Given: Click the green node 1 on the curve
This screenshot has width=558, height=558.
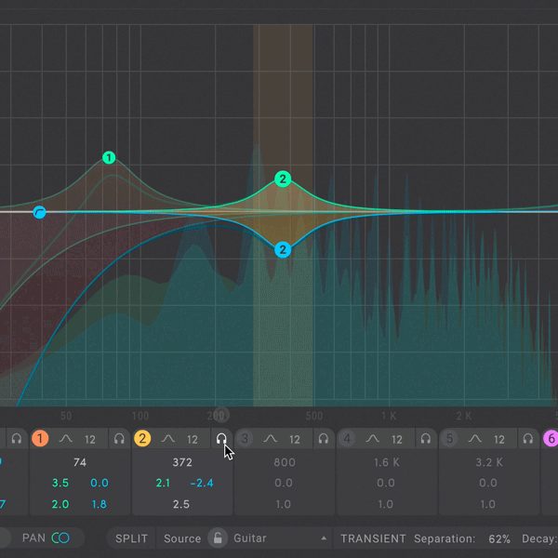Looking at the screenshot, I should point(109,158).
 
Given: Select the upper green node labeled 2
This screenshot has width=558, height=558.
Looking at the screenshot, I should point(283,179).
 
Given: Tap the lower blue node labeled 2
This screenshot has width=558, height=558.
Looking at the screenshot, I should point(283,249).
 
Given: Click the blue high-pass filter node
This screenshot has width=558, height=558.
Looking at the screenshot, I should point(40,213).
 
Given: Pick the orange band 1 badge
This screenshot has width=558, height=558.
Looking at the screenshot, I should point(40,439).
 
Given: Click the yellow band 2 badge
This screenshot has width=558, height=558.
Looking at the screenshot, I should point(142,439).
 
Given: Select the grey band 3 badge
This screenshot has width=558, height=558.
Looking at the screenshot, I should point(245,439).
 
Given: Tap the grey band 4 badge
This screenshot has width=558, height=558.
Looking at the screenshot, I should point(347,439).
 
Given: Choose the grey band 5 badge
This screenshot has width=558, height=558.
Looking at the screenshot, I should point(449,439).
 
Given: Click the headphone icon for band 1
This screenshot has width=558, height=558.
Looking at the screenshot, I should point(119,439).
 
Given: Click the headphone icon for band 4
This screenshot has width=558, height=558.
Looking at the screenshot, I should point(426,439).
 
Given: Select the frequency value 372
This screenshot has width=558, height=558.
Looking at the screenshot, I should point(181,462).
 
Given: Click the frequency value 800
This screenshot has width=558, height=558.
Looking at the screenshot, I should point(284,462).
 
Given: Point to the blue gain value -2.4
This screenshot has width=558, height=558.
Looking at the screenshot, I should point(202,483).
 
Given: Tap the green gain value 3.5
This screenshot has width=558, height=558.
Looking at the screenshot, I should point(60,483).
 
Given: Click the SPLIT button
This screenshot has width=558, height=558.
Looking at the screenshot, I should point(131,538).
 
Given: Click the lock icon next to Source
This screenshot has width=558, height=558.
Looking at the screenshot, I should point(217,538).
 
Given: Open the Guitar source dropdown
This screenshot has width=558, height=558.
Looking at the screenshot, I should point(279,538).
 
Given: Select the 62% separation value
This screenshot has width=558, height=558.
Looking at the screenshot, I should point(498,538).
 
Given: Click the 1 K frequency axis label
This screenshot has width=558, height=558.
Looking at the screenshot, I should point(389,416).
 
